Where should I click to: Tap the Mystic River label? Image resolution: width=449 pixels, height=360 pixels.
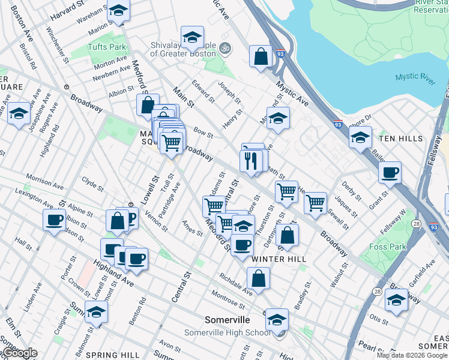click(415, 77)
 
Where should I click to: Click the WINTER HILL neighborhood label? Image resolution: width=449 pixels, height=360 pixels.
click(279, 259)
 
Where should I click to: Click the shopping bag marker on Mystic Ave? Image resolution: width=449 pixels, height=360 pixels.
click(261, 57)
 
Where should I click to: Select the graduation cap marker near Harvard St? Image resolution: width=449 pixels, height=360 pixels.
click(119, 11)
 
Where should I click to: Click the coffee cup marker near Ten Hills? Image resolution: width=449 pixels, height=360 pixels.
click(390, 172)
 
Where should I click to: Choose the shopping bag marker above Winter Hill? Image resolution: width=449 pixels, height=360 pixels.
click(288, 235)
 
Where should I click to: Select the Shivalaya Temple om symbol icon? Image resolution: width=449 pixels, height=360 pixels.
click(225, 48)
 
